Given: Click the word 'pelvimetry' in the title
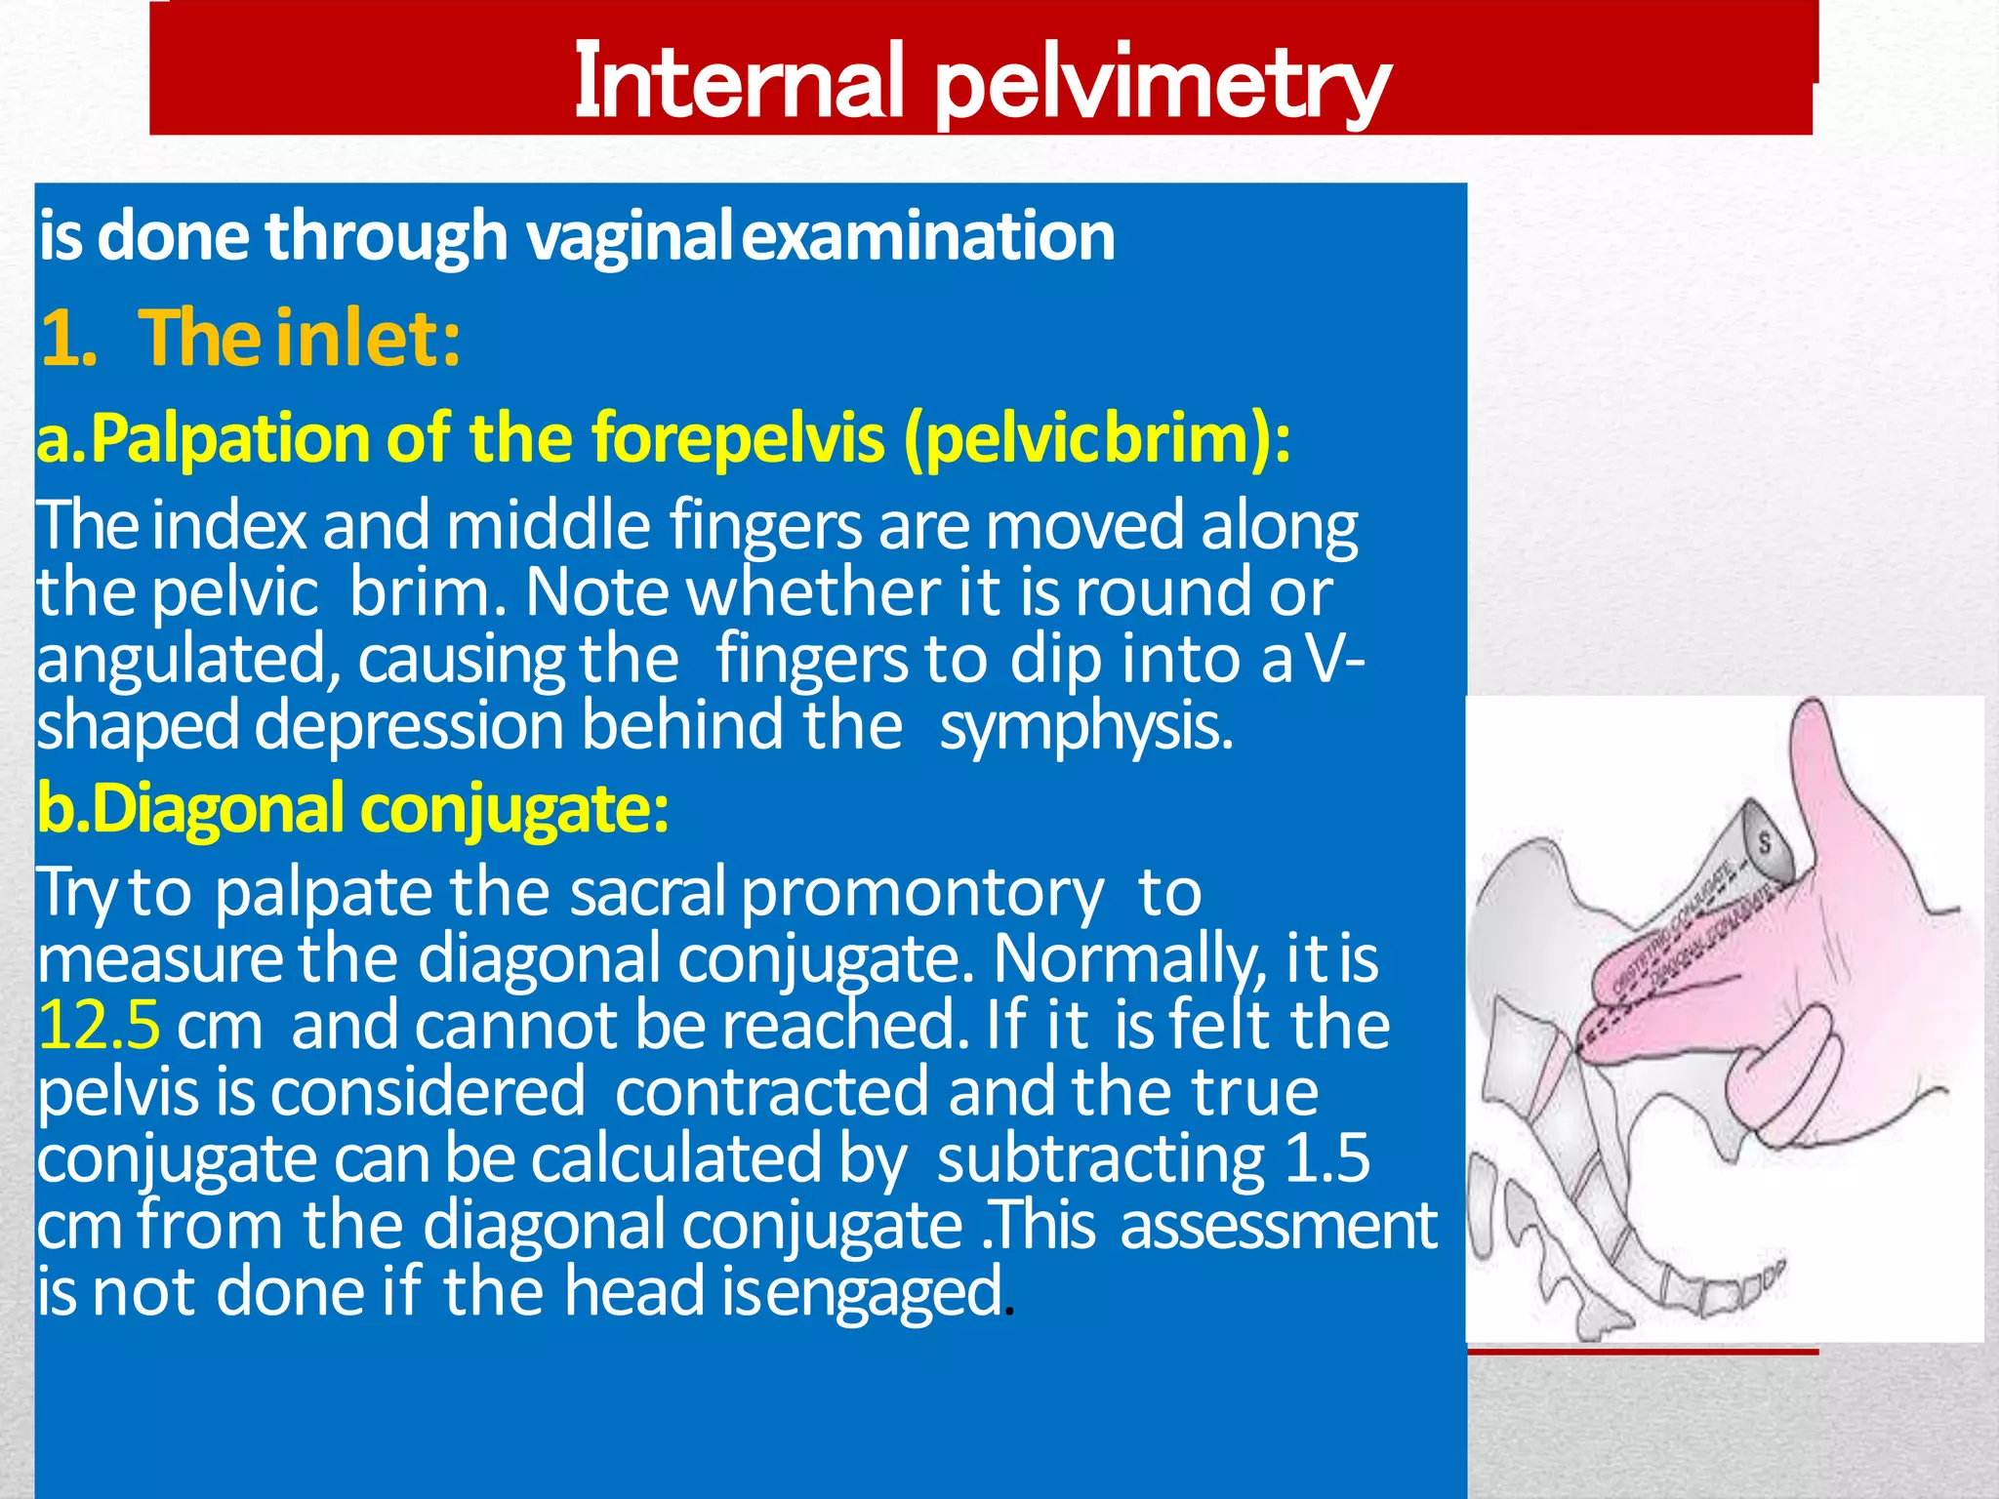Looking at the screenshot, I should click(1162, 86).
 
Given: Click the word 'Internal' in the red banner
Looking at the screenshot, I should click(738, 83).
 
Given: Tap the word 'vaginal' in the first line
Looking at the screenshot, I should click(630, 237).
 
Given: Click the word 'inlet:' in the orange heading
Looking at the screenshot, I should click(368, 339).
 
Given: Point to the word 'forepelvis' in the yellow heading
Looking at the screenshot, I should click(738, 438).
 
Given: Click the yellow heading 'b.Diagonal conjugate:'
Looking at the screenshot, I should click(352, 809).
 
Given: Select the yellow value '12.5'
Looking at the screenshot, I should click(99, 1026).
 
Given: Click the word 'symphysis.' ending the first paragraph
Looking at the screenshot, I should click(1086, 727).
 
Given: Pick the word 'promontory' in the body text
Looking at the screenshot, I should click(921, 893).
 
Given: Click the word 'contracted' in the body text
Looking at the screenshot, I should click(771, 1092).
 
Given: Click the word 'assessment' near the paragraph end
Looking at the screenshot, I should click(1279, 1226).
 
